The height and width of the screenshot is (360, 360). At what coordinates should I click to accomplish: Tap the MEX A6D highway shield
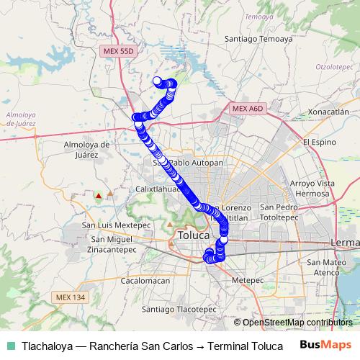249,107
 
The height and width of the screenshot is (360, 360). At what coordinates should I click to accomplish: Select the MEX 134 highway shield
68,297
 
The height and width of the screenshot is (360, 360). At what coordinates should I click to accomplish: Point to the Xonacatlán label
328,112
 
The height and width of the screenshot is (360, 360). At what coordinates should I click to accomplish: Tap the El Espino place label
319,142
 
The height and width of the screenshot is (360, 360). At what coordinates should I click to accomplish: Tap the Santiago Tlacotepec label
179,309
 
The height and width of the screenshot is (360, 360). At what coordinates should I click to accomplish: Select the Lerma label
344,243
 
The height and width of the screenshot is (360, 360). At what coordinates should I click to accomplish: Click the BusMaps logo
326,345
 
